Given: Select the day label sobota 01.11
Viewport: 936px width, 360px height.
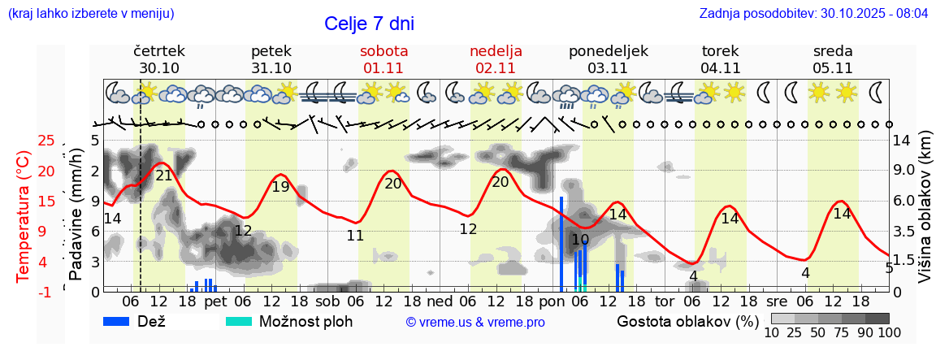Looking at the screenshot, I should pos(383,59).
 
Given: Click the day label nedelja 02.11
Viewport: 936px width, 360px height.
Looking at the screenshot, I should pos(496,59).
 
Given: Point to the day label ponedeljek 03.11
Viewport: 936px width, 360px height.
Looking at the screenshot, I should pos(608,59).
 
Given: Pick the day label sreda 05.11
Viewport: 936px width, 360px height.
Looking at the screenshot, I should pos(833,59).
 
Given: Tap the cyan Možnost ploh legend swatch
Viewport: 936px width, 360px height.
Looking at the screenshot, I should pos(239,321).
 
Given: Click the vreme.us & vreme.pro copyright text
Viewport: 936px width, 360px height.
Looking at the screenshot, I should pos(475,322).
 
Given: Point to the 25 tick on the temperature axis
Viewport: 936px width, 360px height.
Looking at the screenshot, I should pos(47,141).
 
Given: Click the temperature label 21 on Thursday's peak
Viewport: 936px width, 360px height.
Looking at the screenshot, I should pos(163,176).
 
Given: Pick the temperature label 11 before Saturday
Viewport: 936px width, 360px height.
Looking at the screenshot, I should pos(355,236).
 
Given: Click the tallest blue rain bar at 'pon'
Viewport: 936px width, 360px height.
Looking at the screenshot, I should pos(561,244).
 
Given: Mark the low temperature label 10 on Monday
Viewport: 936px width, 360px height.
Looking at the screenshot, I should pos(579,240).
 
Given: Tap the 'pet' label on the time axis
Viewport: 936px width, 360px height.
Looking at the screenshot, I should pos(215,301).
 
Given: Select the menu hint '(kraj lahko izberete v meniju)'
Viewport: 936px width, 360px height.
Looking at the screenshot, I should pos(90,14).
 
